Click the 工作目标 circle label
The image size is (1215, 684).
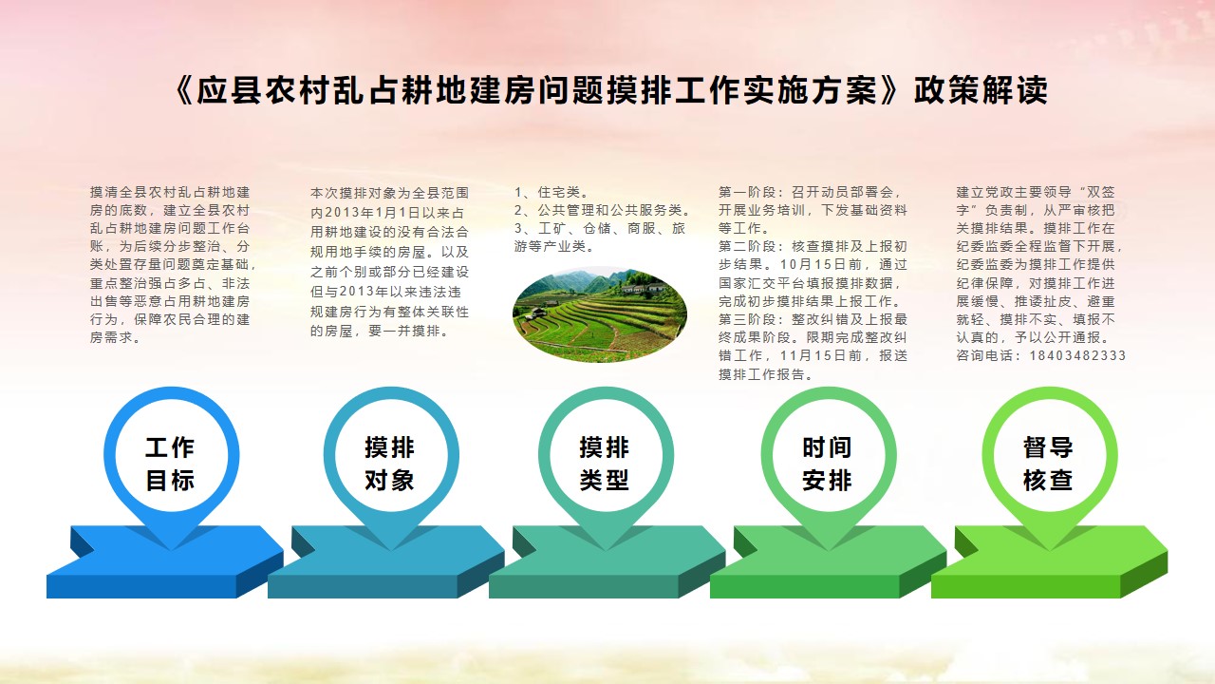[x=170, y=465]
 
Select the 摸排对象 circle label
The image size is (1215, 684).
[x=389, y=465]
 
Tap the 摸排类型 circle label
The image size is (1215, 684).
[x=605, y=465]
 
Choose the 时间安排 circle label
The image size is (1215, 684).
[x=827, y=465]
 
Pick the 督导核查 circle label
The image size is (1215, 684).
[x=1048, y=465]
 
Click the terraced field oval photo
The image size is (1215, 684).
[x=599, y=314]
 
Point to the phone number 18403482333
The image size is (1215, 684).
[x=1077, y=355]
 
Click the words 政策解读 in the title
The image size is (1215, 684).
[x=981, y=90]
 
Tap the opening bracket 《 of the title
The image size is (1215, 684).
[x=183, y=90]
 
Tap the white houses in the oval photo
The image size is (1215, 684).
[x=643, y=288]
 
